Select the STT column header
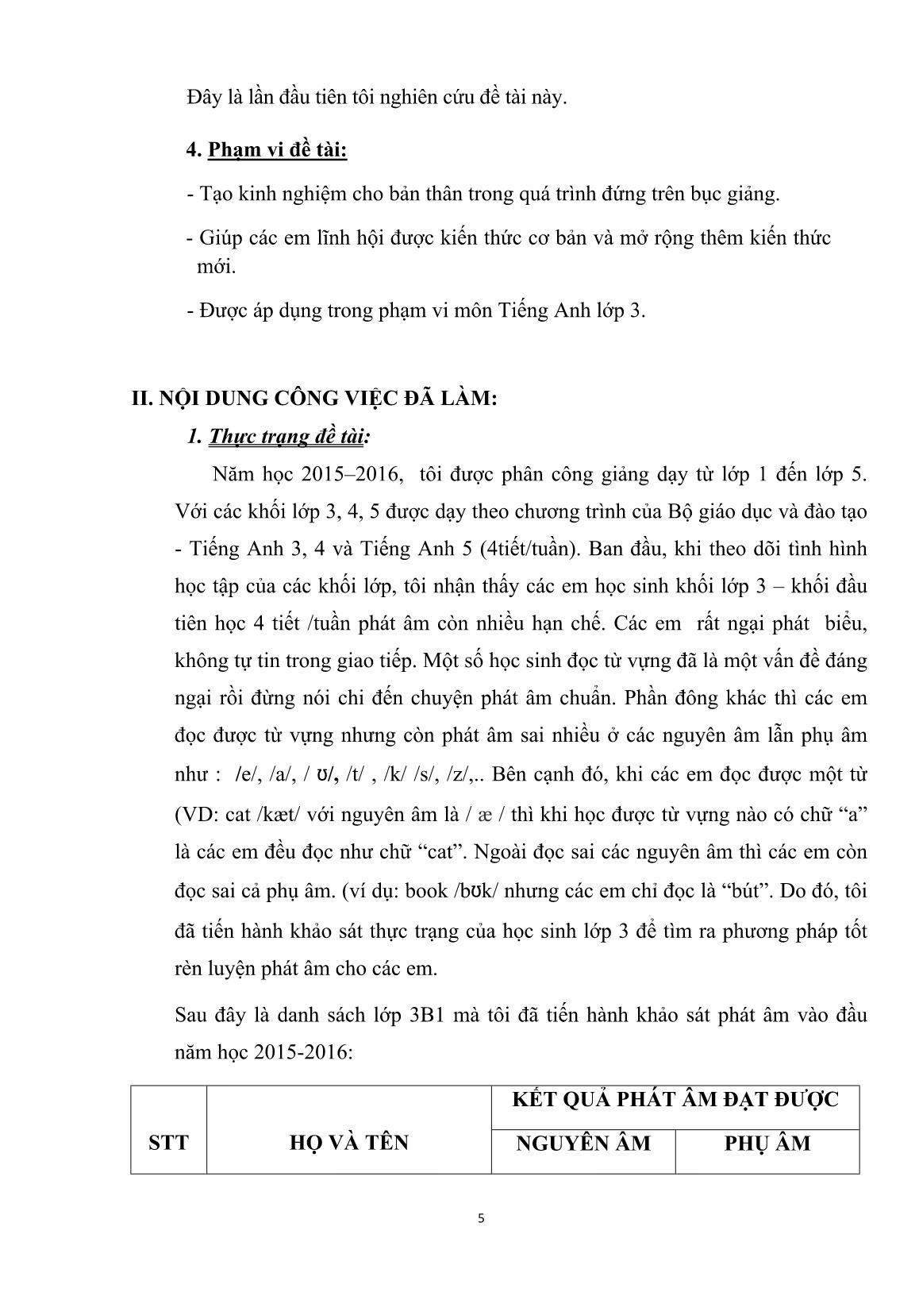tap(168, 1143)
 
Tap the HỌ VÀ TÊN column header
tap(348, 1143)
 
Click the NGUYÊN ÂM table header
tap(583, 1143)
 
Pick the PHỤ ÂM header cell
tap(767, 1143)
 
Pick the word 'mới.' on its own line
tap(216, 267)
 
